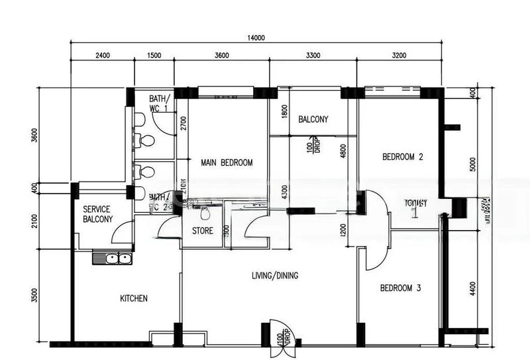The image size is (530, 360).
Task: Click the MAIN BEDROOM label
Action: (x=227, y=162)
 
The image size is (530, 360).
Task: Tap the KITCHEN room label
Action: (x=133, y=298)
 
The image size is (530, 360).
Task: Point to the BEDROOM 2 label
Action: (x=402, y=157)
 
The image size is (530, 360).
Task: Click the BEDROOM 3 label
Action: (x=400, y=288)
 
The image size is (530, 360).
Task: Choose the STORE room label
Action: (x=202, y=231)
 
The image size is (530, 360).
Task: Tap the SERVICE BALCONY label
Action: (x=97, y=213)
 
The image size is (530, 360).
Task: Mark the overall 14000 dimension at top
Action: (x=256, y=38)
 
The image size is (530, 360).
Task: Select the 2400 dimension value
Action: (x=102, y=55)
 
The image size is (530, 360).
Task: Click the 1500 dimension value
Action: (x=154, y=55)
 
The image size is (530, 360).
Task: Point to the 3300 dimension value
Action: (x=312, y=55)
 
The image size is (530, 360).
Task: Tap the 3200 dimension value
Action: (x=399, y=55)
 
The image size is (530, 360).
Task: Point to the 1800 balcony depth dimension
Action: (x=285, y=111)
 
